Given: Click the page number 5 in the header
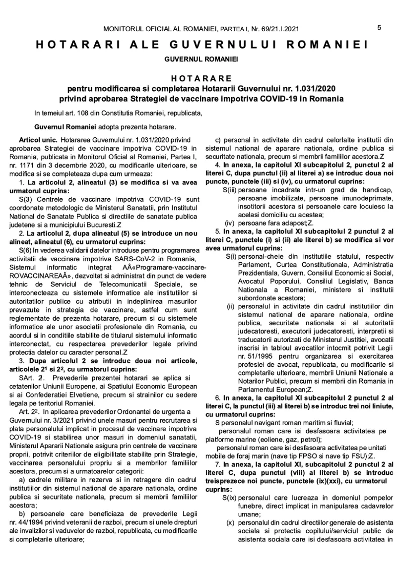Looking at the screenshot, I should (x=379, y=28).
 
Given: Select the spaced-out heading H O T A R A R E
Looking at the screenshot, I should (x=198, y=78).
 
